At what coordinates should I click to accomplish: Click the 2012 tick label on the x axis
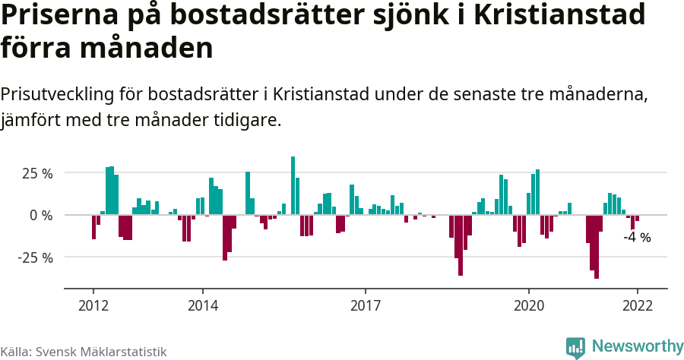coord(93,305)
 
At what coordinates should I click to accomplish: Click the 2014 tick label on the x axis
coord(202,305)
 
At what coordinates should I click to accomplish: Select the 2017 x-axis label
coord(366,305)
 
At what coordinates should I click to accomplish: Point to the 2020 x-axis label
coord(529,305)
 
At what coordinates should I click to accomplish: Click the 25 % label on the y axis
coord(36,173)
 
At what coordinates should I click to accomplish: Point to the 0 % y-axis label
coord(41,216)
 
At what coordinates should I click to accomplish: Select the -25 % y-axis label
coord(34,257)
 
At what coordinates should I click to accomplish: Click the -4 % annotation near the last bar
coord(637,237)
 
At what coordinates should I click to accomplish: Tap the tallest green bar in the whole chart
coord(293,186)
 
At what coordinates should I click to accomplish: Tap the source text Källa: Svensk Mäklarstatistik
coord(84,352)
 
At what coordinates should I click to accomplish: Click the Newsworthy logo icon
coord(575,347)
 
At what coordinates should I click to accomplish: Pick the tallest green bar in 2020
coord(537,192)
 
